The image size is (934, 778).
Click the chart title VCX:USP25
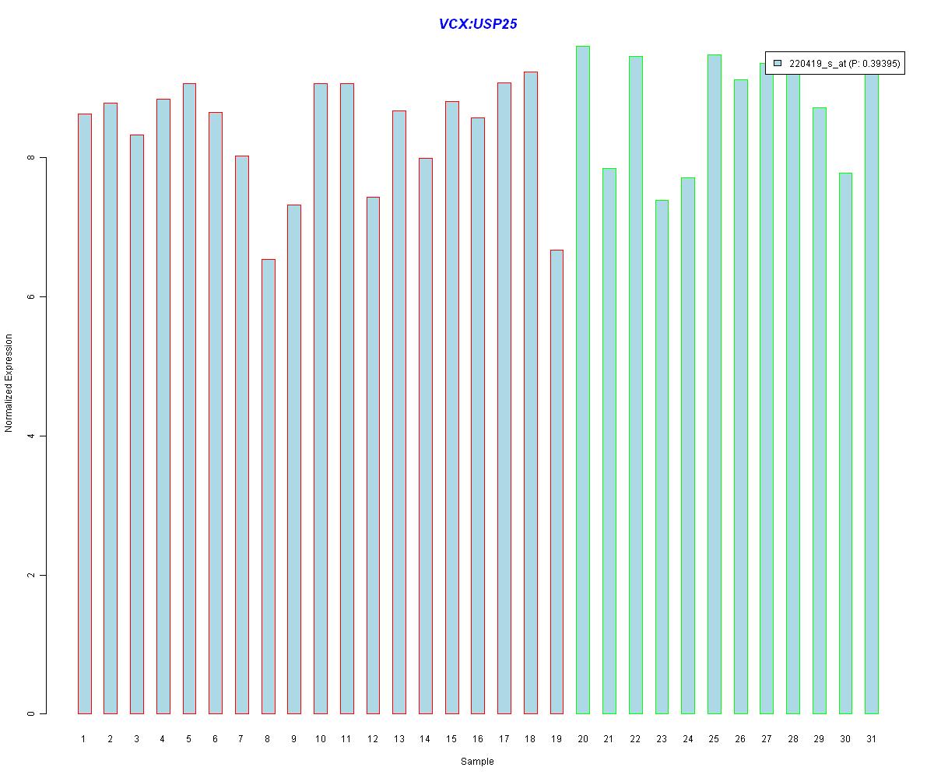tap(477, 23)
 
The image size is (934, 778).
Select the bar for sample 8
tap(268, 486)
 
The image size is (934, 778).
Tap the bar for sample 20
tap(582, 380)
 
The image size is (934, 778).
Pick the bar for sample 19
tap(557, 482)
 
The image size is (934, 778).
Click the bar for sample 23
tap(662, 457)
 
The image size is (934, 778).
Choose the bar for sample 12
tap(373, 455)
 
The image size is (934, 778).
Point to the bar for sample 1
tap(85, 414)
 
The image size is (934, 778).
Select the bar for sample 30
tap(845, 443)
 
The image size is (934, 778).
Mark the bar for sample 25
tap(714, 384)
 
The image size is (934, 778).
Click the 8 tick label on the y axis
tap(31, 157)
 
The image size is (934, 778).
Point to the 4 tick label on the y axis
tap(31, 436)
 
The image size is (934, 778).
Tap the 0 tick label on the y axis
tap(31, 713)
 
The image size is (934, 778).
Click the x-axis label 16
tap(478, 739)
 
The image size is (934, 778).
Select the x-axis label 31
tap(871, 739)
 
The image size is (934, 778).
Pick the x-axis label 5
tap(189, 739)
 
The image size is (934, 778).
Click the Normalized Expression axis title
tap(9, 383)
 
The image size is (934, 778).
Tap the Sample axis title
tap(477, 761)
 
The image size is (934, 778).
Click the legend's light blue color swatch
tap(778, 63)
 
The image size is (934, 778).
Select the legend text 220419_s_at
tap(818, 64)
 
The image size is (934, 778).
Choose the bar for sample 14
tap(426, 436)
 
